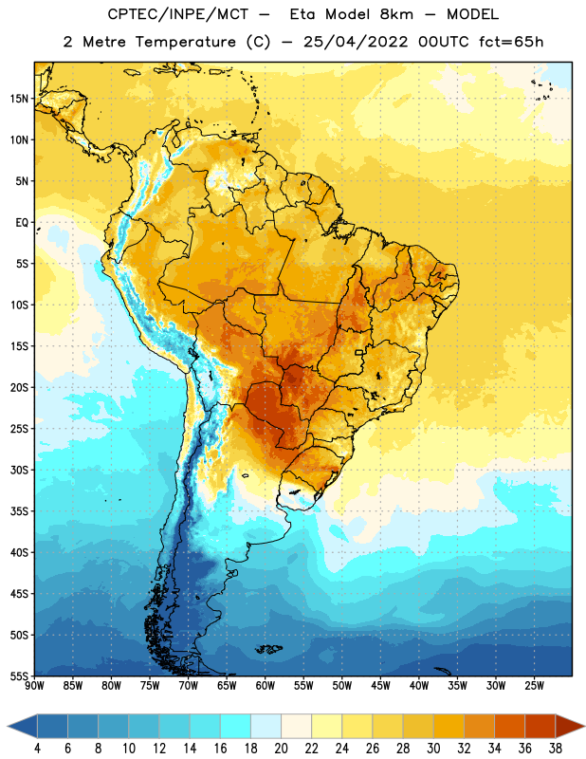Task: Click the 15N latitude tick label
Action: (19, 99)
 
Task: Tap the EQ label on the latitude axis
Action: (22, 223)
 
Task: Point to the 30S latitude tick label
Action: (19, 470)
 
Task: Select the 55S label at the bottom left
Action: (19, 676)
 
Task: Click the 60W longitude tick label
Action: (266, 685)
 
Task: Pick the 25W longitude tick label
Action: (534, 685)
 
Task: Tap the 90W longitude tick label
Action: (35, 685)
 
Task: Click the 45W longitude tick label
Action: (380, 685)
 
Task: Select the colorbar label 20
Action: (281, 749)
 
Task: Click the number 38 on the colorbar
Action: (556, 749)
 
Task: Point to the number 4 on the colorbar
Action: (37, 749)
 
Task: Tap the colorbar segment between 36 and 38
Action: (540, 726)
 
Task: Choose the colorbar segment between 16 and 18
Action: (235, 726)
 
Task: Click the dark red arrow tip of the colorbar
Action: (583, 726)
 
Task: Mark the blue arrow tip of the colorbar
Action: (9, 726)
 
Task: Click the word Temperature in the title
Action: (185, 42)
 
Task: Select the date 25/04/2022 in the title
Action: (356, 42)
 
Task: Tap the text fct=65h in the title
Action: (511, 42)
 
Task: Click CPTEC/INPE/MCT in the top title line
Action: (177, 14)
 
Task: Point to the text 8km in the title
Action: (396, 14)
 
